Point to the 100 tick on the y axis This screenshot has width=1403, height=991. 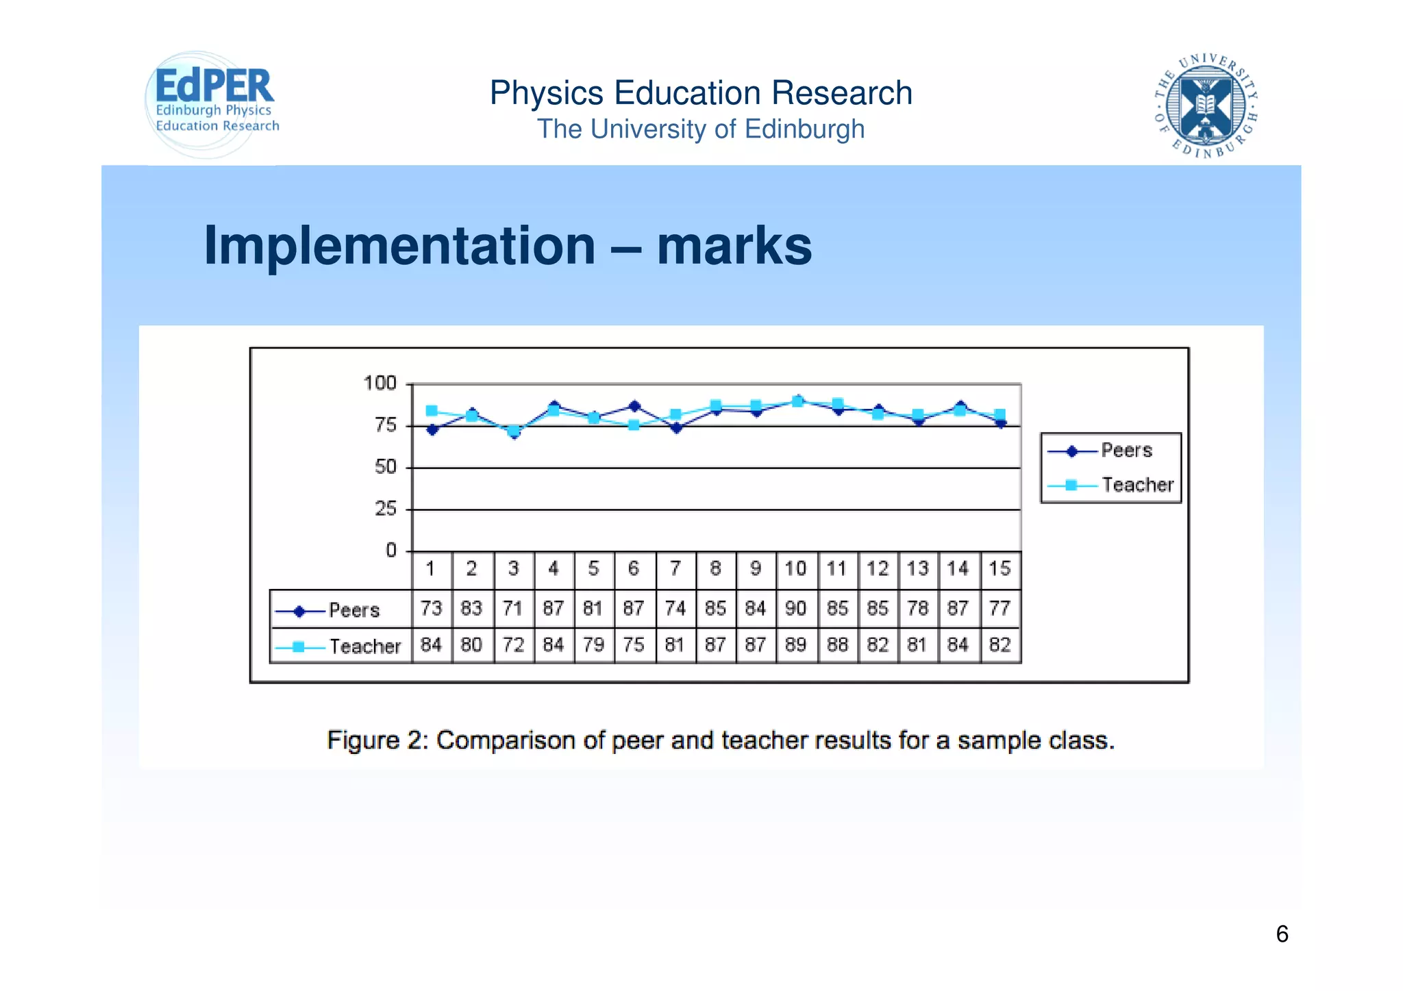click(380, 383)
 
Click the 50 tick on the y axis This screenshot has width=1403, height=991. click(386, 467)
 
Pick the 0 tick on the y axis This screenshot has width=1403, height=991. click(391, 551)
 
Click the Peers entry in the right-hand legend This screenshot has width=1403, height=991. click(1126, 451)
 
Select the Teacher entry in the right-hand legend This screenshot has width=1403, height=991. click(1137, 485)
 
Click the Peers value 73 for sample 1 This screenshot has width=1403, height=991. click(432, 608)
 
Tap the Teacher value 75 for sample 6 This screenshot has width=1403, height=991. click(634, 644)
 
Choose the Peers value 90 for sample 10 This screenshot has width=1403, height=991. click(795, 608)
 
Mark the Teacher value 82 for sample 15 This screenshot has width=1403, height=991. click(1000, 644)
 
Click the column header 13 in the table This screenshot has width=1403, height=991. click(917, 568)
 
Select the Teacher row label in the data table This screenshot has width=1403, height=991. click(364, 646)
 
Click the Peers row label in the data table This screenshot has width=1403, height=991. click(353, 610)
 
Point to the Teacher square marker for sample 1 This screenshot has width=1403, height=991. click(432, 411)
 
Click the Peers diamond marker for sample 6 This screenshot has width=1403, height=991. click(634, 406)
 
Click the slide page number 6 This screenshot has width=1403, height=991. click(1282, 934)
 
